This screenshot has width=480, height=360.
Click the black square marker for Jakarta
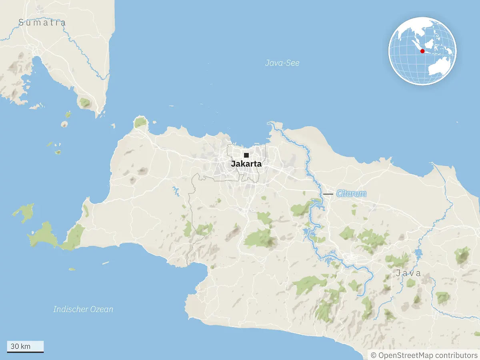(x=246, y=155)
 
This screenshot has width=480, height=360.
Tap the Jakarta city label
(x=246, y=164)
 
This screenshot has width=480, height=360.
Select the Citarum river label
(x=351, y=194)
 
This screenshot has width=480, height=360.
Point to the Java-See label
(x=282, y=63)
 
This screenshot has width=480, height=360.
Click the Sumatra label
(x=42, y=22)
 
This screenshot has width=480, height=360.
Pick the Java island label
(x=408, y=273)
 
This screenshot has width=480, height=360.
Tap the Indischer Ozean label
(x=83, y=309)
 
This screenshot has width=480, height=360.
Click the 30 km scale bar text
(x=20, y=346)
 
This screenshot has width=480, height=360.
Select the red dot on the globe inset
(x=422, y=51)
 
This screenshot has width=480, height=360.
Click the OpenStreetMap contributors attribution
(x=424, y=355)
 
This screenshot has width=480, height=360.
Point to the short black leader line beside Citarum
(x=328, y=194)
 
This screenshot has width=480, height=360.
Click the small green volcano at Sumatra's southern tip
(x=85, y=102)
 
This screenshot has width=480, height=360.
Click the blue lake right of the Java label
(x=418, y=253)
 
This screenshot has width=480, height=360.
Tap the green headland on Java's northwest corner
(x=140, y=122)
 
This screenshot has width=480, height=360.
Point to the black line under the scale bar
(x=25, y=352)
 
